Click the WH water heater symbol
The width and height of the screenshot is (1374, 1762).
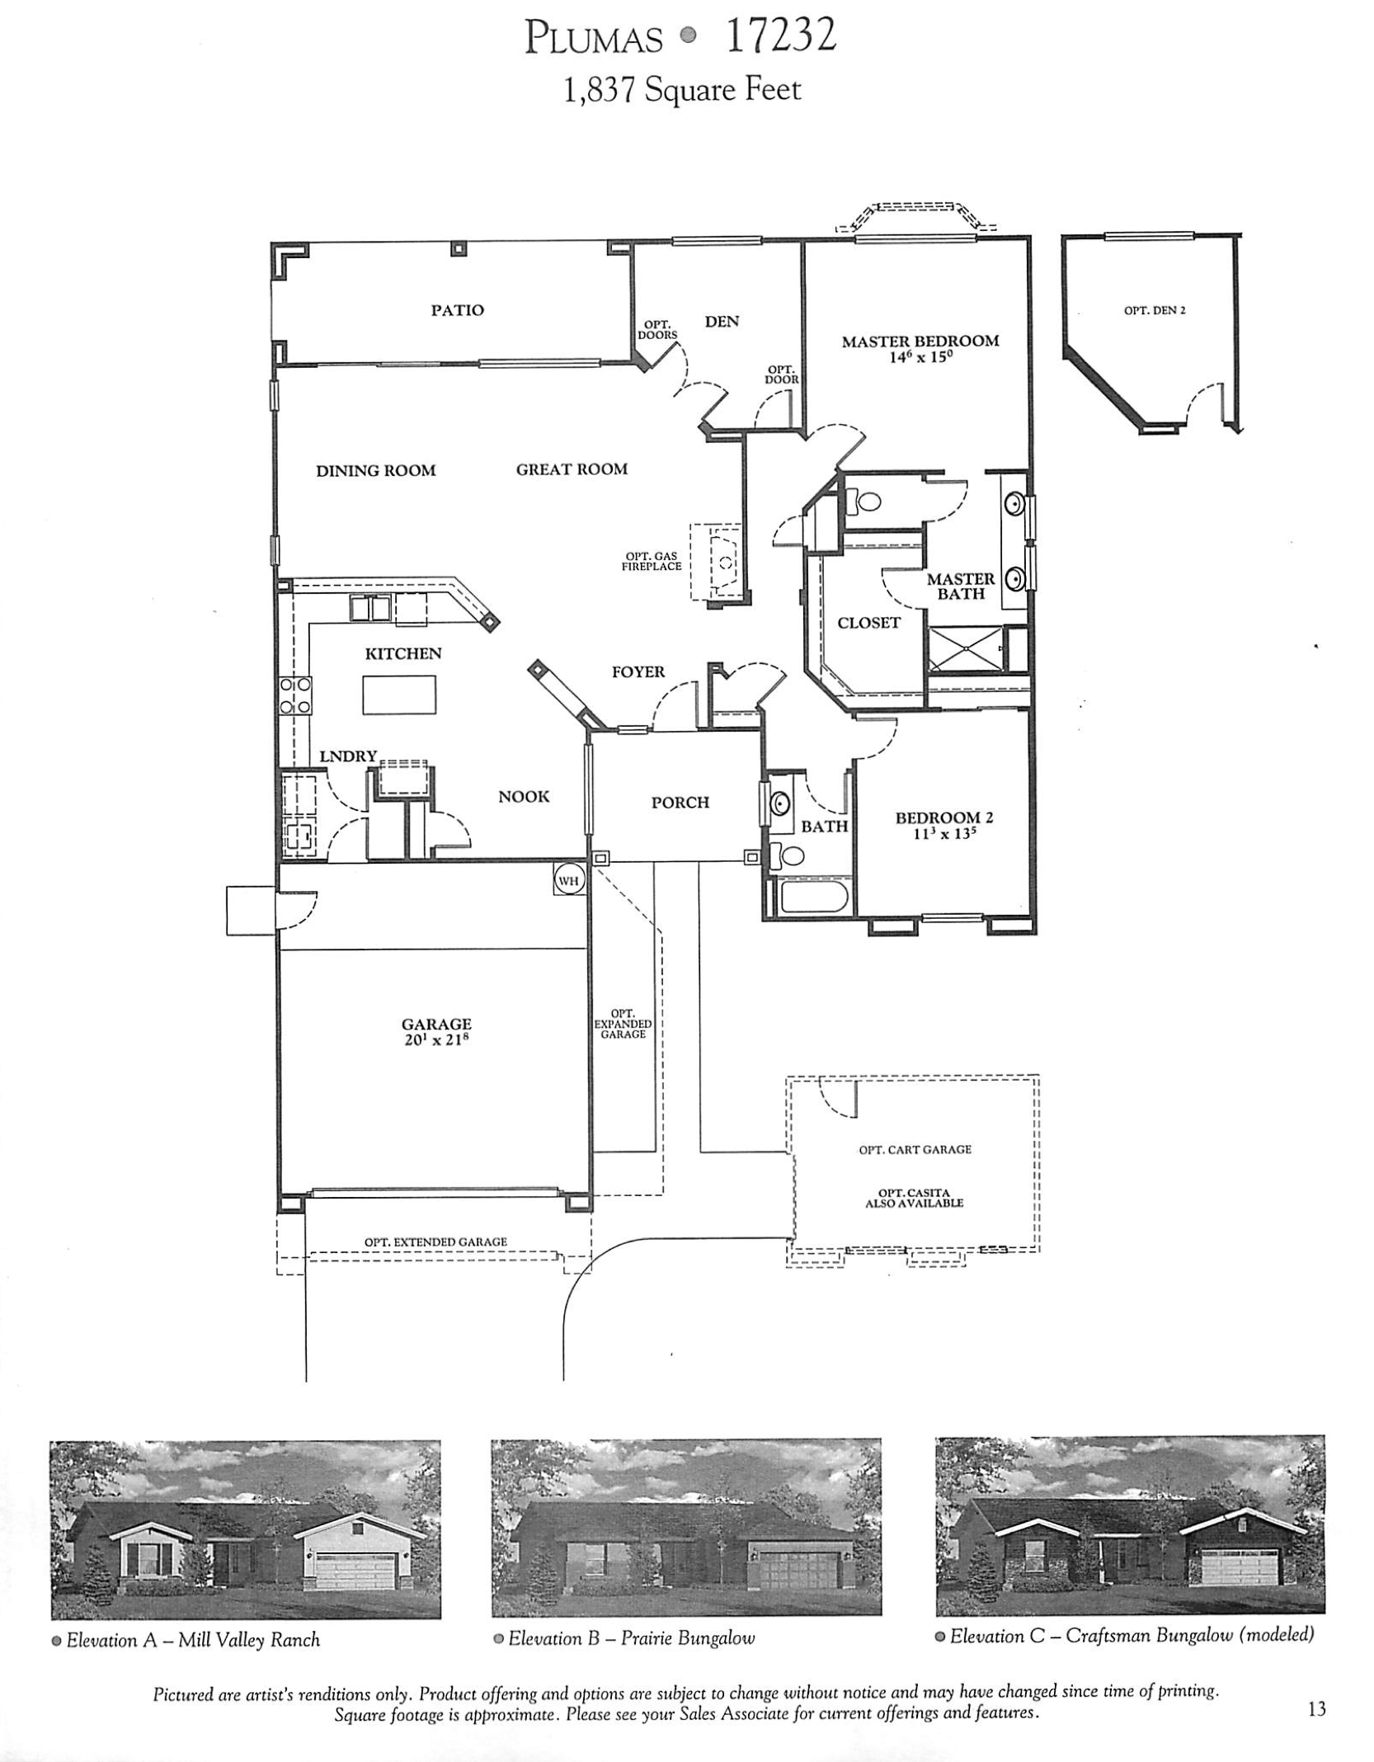click(x=569, y=880)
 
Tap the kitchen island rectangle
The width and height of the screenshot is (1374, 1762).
click(x=399, y=694)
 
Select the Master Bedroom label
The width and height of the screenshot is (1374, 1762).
click(x=920, y=341)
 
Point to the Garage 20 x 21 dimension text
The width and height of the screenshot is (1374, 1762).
click(x=435, y=1039)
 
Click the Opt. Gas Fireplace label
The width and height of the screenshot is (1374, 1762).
click(x=652, y=562)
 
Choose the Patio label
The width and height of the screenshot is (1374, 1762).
click(x=457, y=310)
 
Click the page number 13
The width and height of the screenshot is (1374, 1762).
click(x=1316, y=1709)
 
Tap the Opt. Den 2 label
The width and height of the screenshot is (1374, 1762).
click(x=1154, y=311)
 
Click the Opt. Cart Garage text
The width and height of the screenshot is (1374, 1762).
click(x=915, y=1149)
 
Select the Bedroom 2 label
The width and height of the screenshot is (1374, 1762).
click(x=943, y=817)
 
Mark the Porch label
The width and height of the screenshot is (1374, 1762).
click(x=680, y=802)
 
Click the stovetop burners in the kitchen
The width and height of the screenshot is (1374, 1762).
click(x=295, y=695)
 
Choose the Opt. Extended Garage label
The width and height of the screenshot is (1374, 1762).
click(x=435, y=1241)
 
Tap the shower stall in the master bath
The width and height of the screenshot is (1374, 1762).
click(x=966, y=650)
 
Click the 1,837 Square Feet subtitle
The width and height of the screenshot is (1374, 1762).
click(x=681, y=90)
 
